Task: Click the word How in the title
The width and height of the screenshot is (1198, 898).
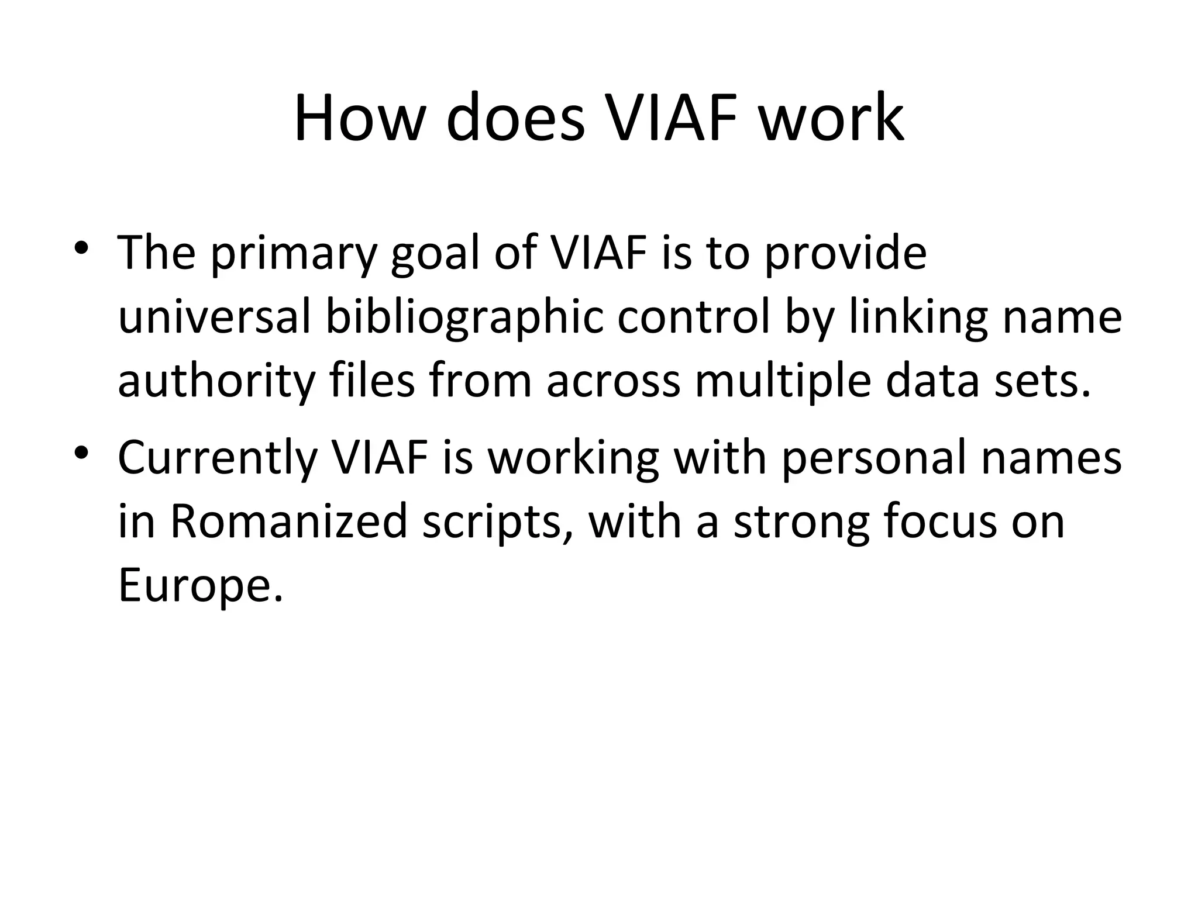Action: tap(358, 119)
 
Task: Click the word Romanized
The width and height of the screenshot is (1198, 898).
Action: tap(288, 521)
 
